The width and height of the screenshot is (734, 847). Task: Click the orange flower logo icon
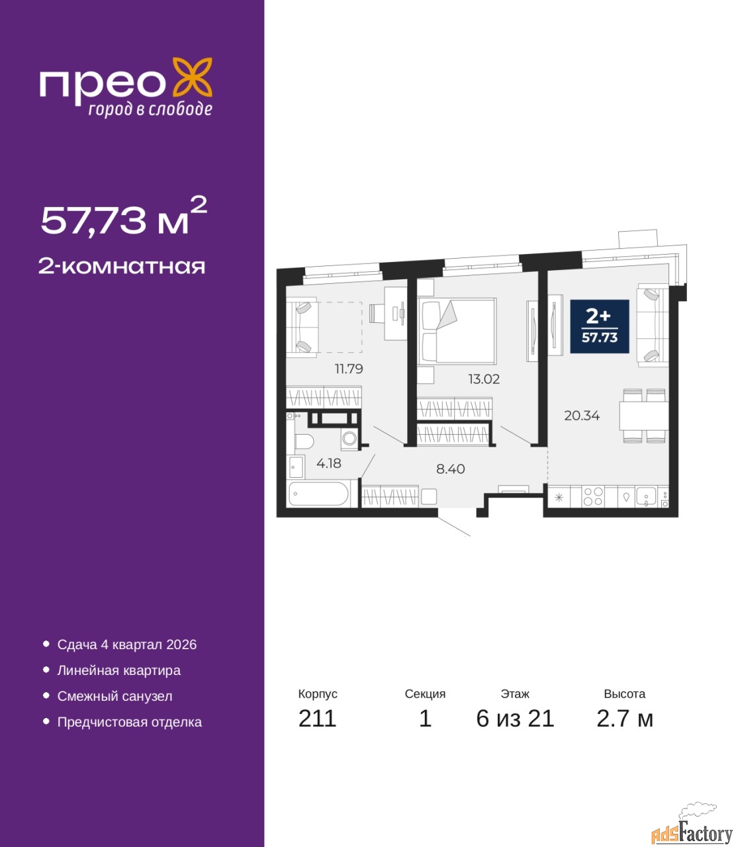192,77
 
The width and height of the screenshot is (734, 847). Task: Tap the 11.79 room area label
349,369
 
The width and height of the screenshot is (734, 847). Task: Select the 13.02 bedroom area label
484,379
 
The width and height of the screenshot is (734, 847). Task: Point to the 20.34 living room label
582,416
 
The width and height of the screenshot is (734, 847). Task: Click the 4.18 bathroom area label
329,463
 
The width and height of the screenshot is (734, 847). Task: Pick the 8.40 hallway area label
451,468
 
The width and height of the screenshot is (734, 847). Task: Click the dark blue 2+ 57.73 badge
600,326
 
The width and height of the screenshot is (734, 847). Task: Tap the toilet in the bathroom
304,441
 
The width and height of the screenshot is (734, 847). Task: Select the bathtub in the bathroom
318,494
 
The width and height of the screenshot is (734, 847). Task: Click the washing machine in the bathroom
349,438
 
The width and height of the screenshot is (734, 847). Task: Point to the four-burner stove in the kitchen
593,497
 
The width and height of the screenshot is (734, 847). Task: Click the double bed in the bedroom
457,331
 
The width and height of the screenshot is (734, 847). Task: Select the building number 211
317,719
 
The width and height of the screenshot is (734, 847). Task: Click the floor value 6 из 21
515,719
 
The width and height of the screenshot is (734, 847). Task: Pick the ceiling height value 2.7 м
625,719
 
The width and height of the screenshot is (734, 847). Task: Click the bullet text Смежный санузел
115,696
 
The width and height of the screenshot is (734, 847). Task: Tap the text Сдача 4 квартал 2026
127,645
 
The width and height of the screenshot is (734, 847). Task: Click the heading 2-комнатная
122,266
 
